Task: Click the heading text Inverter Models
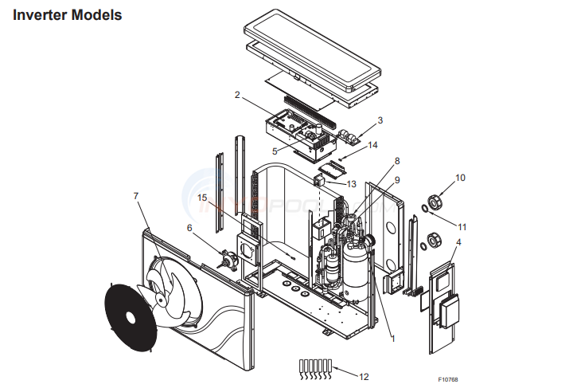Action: point(68,15)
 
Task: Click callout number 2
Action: point(237,95)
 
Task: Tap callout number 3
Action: point(380,120)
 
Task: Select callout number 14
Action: point(372,145)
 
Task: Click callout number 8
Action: point(397,161)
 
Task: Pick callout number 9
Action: point(397,180)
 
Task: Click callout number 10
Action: point(460,177)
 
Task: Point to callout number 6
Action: point(189,228)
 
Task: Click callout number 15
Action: point(202,197)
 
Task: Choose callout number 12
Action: point(365,376)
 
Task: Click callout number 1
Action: point(392,338)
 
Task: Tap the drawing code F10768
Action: point(449,380)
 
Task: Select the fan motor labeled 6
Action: point(231,259)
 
